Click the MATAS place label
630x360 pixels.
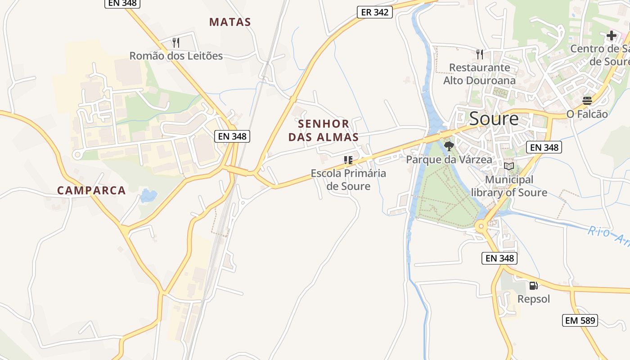point(230,22)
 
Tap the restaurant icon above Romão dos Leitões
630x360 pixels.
point(176,43)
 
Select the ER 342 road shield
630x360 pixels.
point(375,12)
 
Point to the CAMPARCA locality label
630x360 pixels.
point(91,190)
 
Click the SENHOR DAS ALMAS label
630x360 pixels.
point(324,130)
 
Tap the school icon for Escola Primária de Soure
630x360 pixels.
point(348,160)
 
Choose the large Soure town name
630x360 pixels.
point(494,119)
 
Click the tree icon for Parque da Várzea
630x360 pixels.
point(449,146)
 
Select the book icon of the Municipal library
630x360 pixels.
point(509,166)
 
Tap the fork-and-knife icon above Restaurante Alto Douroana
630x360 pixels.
point(480,54)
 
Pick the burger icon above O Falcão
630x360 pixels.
point(587,100)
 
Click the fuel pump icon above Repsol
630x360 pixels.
point(533,285)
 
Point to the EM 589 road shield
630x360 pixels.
point(580,320)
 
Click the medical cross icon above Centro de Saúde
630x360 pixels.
point(611,36)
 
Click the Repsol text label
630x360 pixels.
point(533,299)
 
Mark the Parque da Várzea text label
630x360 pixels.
point(449,160)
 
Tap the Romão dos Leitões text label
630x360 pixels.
point(176,56)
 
